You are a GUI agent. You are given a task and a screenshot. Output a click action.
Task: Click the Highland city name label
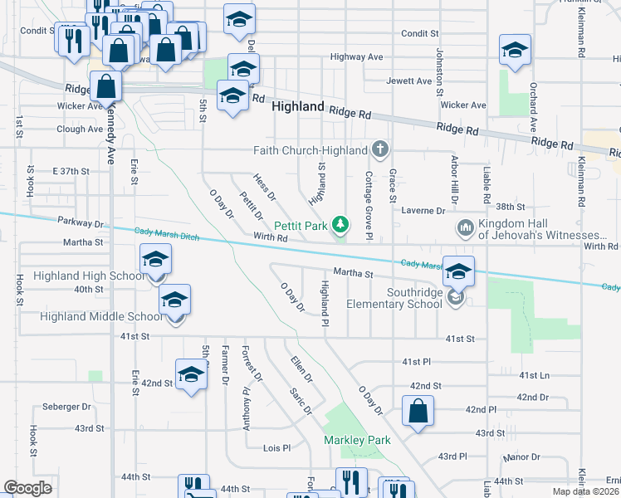(297, 107)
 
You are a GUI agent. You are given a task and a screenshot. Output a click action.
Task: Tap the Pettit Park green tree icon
(340, 223)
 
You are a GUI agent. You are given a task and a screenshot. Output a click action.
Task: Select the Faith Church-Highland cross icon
(380, 150)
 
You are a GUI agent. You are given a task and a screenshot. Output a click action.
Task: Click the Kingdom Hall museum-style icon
(465, 227)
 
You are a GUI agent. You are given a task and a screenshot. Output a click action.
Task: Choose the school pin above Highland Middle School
(175, 300)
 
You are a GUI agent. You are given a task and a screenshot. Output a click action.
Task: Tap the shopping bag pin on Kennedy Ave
(107, 86)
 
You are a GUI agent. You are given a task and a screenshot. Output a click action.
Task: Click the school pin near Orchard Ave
(515, 51)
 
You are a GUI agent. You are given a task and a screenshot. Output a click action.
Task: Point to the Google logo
(27, 488)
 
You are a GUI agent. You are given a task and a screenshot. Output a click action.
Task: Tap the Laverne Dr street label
(425, 210)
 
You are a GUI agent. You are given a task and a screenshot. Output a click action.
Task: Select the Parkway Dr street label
(81, 222)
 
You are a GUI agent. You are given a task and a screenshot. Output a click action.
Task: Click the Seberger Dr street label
(67, 407)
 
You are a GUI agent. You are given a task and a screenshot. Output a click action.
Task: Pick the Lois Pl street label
(276, 447)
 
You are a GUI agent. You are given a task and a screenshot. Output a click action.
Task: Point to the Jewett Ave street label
(409, 81)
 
